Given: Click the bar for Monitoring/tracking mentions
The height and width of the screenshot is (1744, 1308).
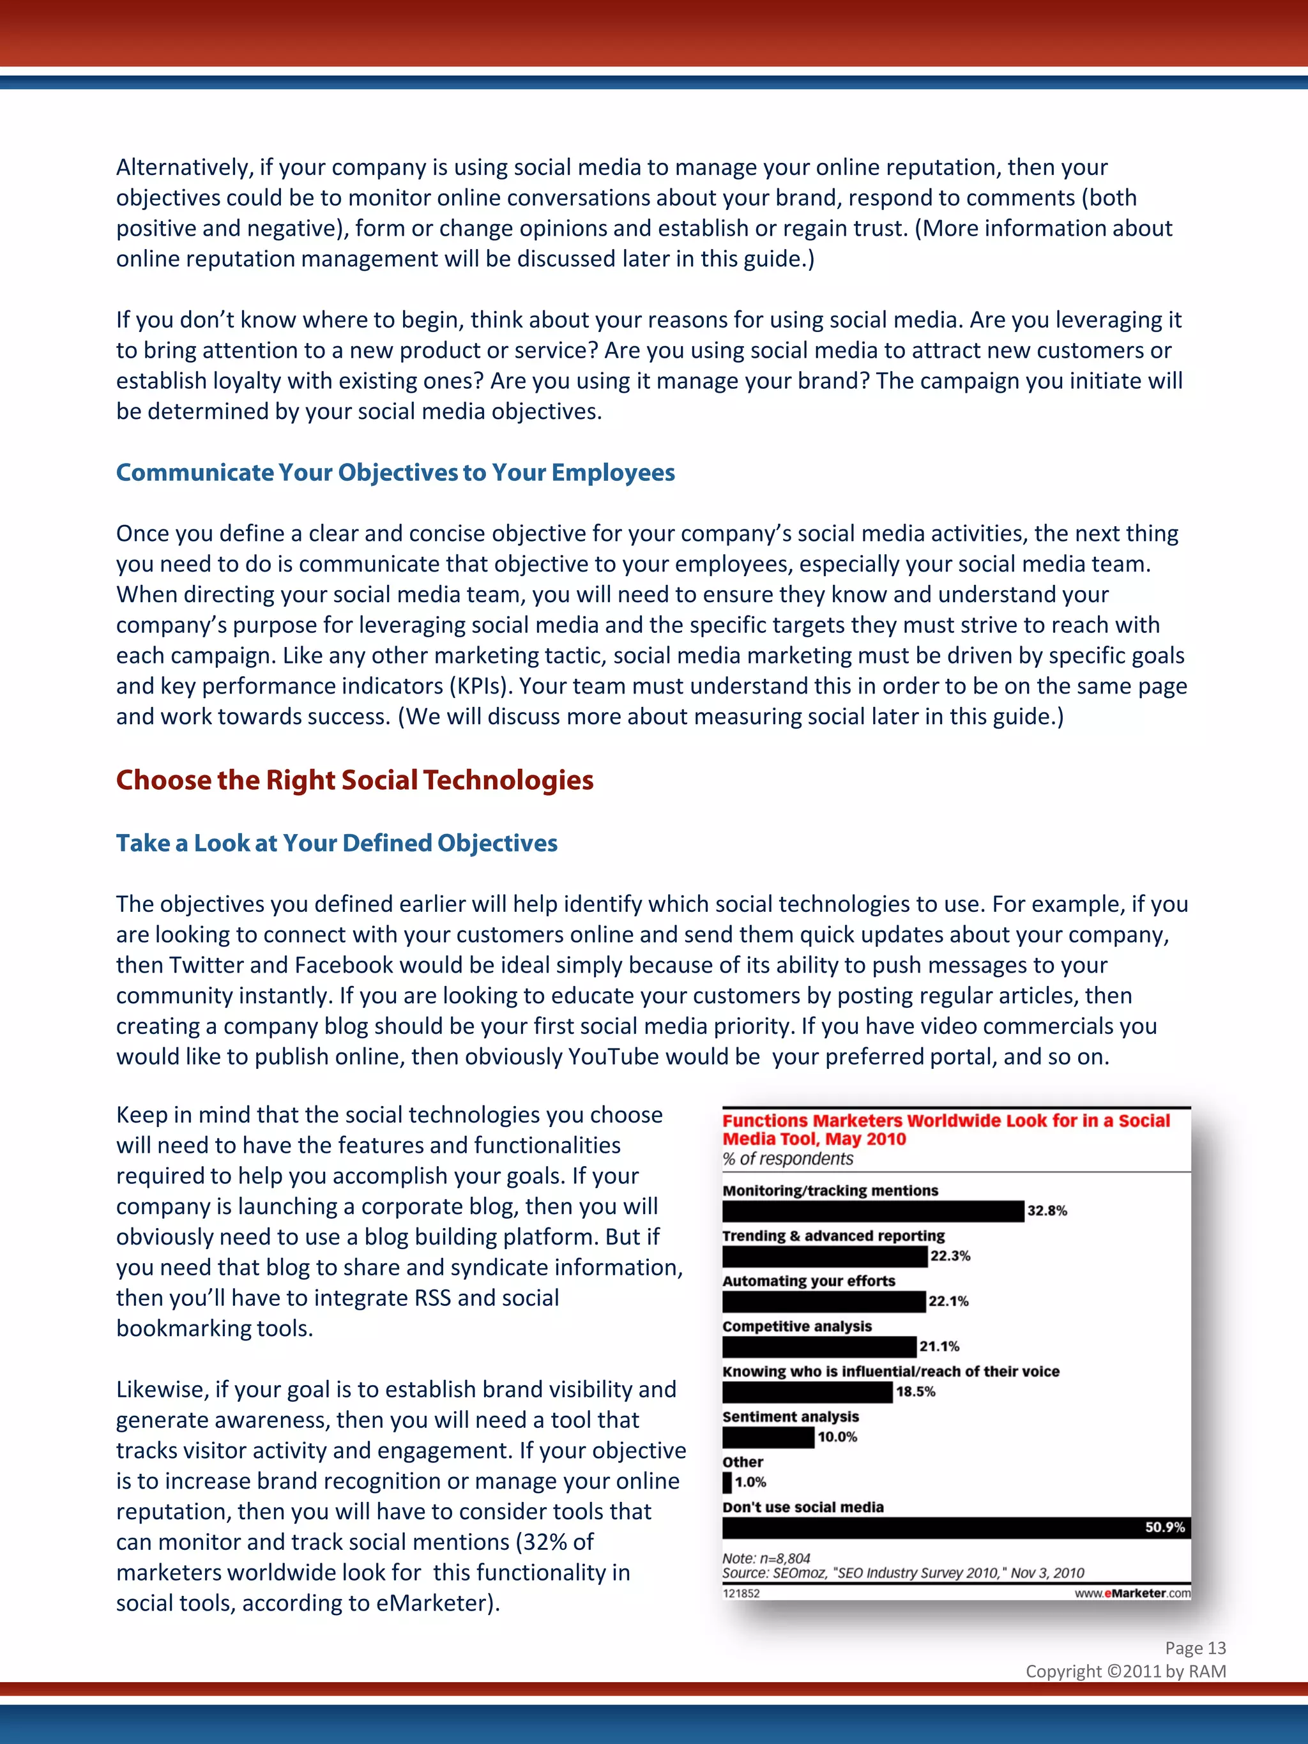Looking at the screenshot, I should click(873, 1211).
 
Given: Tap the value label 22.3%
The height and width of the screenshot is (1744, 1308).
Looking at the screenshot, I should click(950, 1256).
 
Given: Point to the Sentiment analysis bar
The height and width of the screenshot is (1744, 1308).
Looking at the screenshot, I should click(768, 1437).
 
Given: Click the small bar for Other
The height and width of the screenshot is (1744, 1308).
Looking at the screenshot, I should click(727, 1482).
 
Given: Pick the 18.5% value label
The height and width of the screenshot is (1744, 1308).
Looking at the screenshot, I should click(915, 1391).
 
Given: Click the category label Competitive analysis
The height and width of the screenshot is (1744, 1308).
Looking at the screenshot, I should click(797, 1326).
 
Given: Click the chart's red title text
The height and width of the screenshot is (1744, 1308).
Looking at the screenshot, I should click(945, 1129).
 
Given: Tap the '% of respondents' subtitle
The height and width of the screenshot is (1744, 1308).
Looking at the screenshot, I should click(787, 1159).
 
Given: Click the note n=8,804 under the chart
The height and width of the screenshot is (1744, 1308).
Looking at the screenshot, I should click(766, 1558).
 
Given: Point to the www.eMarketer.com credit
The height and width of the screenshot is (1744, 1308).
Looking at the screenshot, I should click(1132, 1593).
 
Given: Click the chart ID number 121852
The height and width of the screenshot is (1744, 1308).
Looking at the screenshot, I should click(741, 1593).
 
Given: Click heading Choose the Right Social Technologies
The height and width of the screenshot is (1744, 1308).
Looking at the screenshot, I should click(355, 780).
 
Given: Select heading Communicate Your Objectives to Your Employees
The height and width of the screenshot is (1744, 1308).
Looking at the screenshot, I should click(395, 473).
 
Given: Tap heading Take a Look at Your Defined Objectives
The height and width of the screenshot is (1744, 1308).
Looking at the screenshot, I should click(337, 843).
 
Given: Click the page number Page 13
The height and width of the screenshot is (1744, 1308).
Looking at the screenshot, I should click(1195, 1648).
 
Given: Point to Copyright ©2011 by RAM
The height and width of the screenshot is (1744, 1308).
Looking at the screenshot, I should click(1126, 1671).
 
